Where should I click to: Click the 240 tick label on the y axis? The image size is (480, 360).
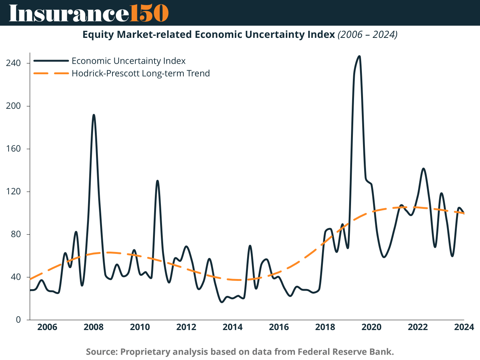coord(13,63)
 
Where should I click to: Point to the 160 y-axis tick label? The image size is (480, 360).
coord(13,149)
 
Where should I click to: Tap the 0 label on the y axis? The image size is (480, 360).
coord(18,320)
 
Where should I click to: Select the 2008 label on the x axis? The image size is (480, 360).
coord(94,327)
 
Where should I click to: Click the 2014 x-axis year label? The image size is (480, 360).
coord(232,327)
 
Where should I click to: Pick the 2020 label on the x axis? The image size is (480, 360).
coord(371,327)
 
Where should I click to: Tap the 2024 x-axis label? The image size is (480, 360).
coord(464,327)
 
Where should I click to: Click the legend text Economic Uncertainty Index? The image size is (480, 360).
coord(129,61)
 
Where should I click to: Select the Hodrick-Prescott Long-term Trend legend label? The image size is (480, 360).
coord(141,73)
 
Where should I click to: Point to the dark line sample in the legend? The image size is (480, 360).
coord(51,61)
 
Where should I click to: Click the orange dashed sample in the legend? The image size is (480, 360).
coord(51,73)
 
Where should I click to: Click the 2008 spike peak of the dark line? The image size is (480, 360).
coord(94,115)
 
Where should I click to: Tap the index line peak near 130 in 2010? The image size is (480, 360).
coord(157,181)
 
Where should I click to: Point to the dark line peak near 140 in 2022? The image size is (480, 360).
coord(423,168)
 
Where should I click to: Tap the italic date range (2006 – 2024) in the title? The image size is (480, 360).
coord(367,34)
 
